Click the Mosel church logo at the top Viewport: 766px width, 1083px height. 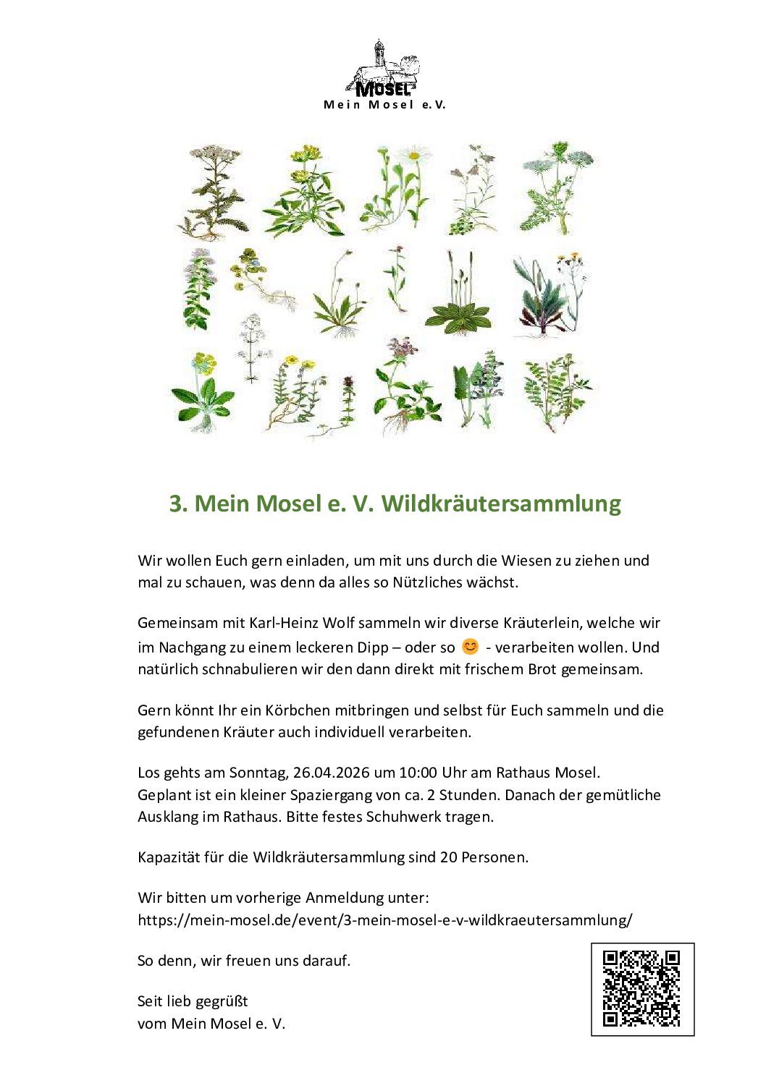click(x=383, y=68)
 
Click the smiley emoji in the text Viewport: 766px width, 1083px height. click(x=470, y=647)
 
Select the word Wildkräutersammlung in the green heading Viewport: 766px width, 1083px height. click(x=501, y=504)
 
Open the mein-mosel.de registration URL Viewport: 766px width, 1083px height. click(x=384, y=920)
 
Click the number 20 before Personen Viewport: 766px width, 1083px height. click(x=448, y=857)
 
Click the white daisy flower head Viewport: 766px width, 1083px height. click(x=413, y=156)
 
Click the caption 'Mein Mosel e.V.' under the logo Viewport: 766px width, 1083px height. click(x=384, y=105)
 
